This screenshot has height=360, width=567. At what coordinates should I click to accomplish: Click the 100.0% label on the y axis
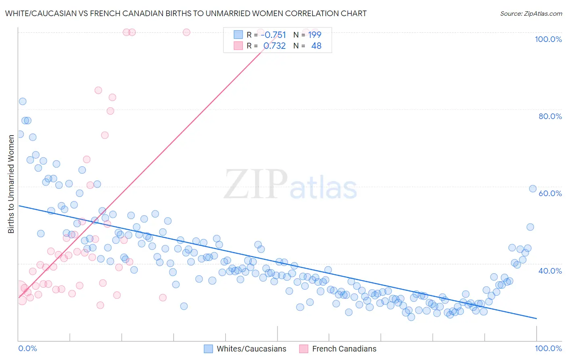click(x=548, y=39)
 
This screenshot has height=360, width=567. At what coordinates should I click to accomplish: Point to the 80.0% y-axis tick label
click(x=550, y=116)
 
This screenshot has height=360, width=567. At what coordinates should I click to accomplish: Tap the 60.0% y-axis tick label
click(x=550, y=193)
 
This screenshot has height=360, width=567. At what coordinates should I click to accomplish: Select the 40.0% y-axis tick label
click(x=550, y=271)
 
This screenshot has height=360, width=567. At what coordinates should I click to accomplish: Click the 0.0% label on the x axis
click(x=27, y=348)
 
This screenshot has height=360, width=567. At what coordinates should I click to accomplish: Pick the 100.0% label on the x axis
click(x=548, y=348)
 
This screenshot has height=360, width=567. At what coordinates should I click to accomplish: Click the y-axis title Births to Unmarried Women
click(x=11, y=184)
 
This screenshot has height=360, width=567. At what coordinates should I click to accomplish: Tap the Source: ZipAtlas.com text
click(x=531, y=14)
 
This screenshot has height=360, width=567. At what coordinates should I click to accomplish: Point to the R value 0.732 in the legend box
click(x=275, y=46)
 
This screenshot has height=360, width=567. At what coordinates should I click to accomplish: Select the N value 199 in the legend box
click(x=315, y=35)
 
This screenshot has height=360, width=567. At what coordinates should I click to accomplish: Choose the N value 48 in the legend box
click(x=316, y=46)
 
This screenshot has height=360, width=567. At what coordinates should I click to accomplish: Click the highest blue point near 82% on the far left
click(x=23, y=101)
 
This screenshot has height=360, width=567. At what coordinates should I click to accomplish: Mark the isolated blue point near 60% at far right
click(x=532, y=189)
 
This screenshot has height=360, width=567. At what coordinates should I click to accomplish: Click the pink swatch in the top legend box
click(x=238, y=46)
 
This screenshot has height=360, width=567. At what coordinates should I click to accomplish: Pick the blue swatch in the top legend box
click(x=238, y=35)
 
